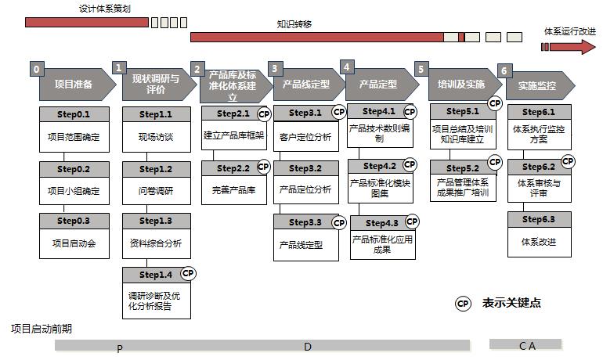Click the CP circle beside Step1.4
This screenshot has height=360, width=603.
click(x=188, y=273)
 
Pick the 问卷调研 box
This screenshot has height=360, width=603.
click(x=155, y=190)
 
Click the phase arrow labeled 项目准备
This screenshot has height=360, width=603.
click(x=74, y=85)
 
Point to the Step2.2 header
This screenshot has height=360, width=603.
click(x=233, y=168)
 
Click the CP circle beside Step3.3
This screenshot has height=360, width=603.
click(x=338, y=223)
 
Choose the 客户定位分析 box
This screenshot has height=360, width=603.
click(x=305, y=137)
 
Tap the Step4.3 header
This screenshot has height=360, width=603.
click(x=382, y=223)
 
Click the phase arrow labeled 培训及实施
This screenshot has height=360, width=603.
click(x=461, y=85)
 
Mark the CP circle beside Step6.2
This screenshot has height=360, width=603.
click(x=568, y=162)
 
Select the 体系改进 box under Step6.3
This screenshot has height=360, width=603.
click(x=538, y=242)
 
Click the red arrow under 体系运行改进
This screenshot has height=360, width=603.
click(x=569, y=47)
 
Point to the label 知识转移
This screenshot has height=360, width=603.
click(x=294, y=24)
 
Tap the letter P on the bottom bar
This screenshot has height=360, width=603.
click(x=120, y=348)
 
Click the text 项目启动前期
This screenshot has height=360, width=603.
click(x=41, y=329)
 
